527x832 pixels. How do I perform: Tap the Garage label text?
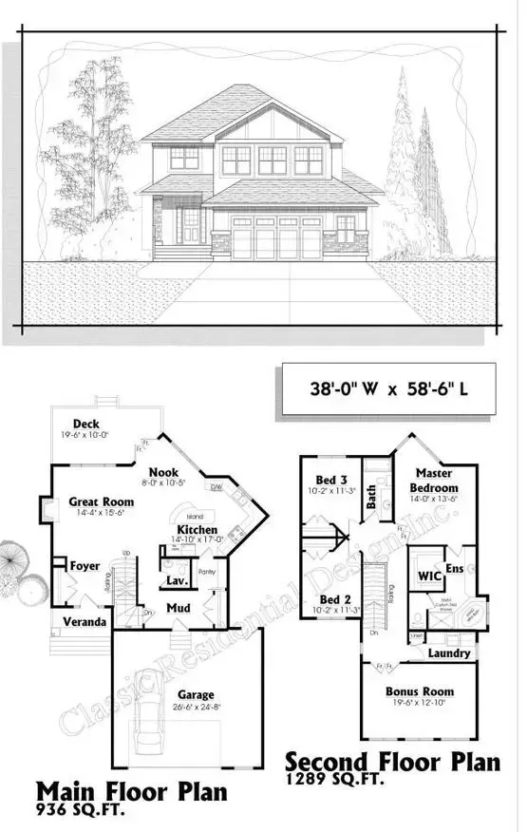(x=195, y=694)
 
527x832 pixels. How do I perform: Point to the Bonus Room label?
(x=419, y=691)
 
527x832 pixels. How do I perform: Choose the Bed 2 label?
(x=336, y=599)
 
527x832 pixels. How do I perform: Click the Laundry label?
(x=449, y=653)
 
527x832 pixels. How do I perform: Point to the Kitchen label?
(x=197, y=529)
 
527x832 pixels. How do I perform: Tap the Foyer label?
(x=85, y=566)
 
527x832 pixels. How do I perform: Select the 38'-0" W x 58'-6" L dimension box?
(x=386, y=389)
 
